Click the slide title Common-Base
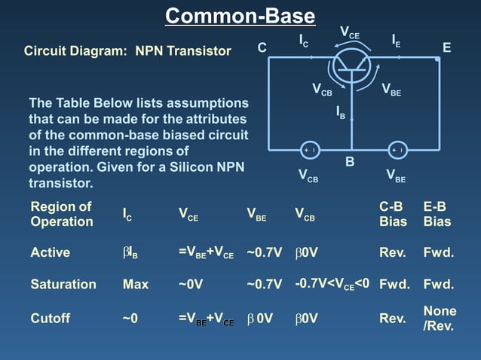click(240, 16)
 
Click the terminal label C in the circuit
click(262, 48)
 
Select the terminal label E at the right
click(446, 48)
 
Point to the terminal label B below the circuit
click(350, 162)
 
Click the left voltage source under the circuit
click(309, 150)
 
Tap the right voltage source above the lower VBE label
click(397, 150)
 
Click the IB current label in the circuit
click(341, 113)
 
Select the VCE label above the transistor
click(350, 32)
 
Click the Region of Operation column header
click(62, 214)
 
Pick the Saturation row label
click(63, 285)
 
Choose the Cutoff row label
click(50, 319)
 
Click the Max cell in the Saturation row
click(136, 285)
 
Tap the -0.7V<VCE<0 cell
click(332, 284)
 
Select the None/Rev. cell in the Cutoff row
click(439, 319)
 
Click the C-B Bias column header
click(393, 214)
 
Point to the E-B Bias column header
click(437, 214)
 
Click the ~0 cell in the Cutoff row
click(130, 319)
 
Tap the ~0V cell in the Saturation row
click(192, 285)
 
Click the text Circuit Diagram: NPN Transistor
click(127, 51)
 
